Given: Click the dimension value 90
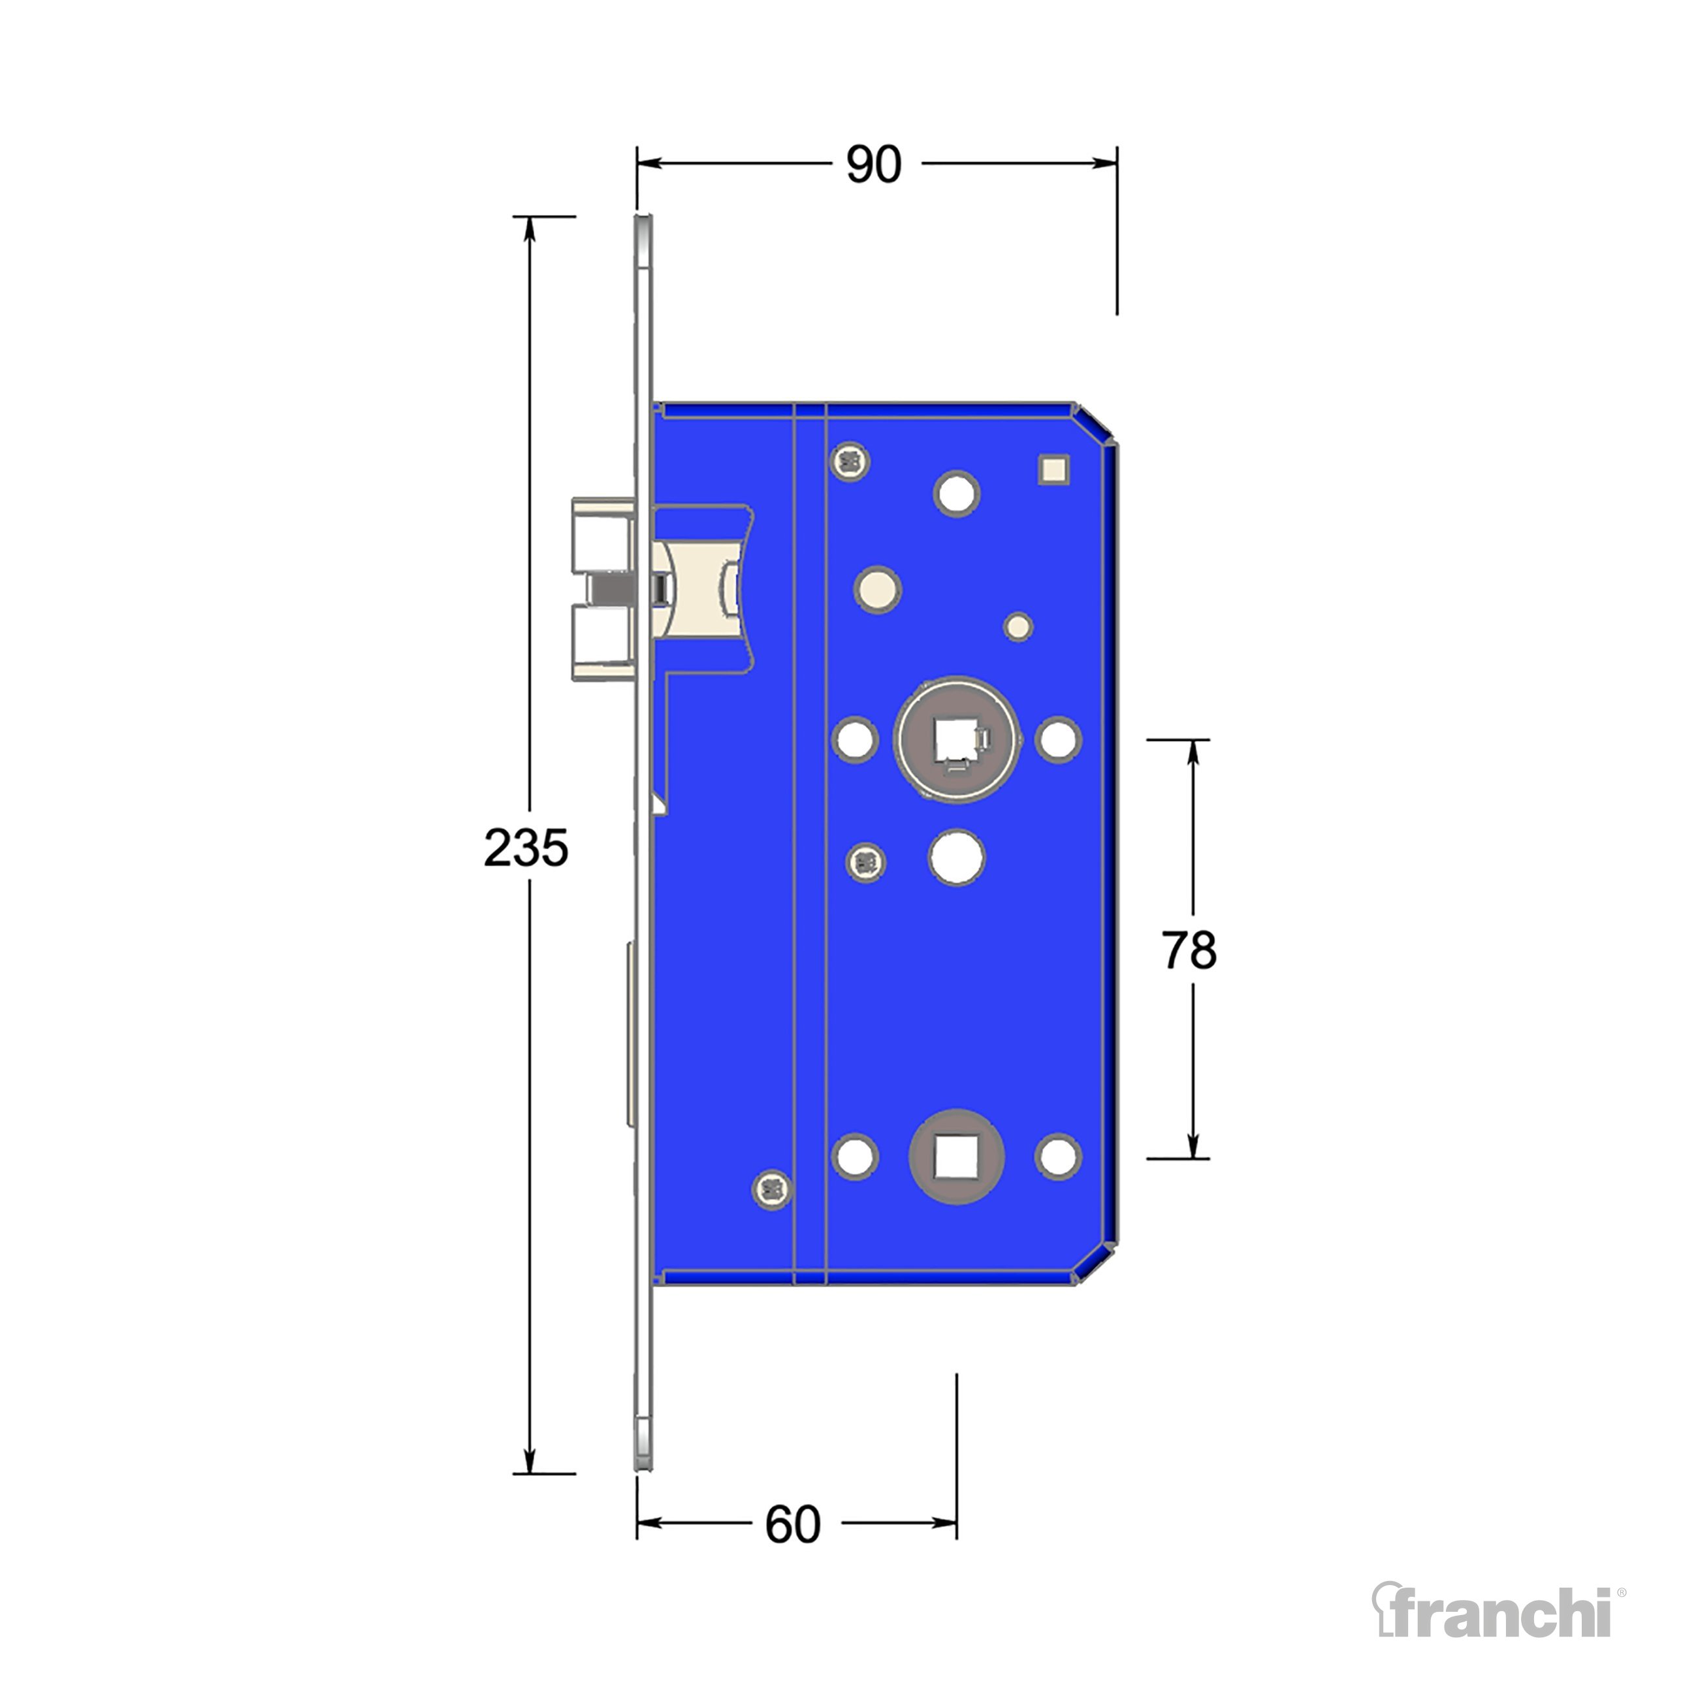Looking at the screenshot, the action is click(874, 165).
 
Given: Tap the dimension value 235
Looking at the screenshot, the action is click(526, 849).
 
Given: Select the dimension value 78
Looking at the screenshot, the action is click(1189, 950).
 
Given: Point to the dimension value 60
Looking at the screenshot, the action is click(793, 1525).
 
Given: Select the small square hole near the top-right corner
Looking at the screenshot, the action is click(1055, 468).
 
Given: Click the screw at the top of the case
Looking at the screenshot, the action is click(850, 460).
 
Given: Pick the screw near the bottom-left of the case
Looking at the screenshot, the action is click(773, 1190).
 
